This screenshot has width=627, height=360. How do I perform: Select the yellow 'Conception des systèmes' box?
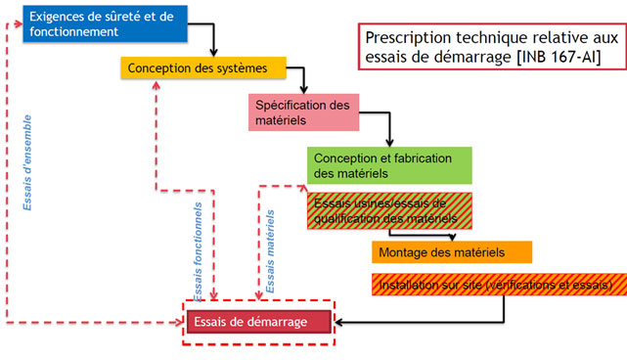203,68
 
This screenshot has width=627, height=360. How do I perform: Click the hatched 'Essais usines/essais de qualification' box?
377,211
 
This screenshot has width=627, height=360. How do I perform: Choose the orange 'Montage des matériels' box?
451,252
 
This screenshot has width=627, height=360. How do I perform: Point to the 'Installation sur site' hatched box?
495,285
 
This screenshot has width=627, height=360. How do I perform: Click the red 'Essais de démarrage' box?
258,322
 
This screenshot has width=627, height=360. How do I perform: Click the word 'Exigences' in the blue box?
60,17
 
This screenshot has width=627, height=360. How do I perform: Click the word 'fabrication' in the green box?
425,157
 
